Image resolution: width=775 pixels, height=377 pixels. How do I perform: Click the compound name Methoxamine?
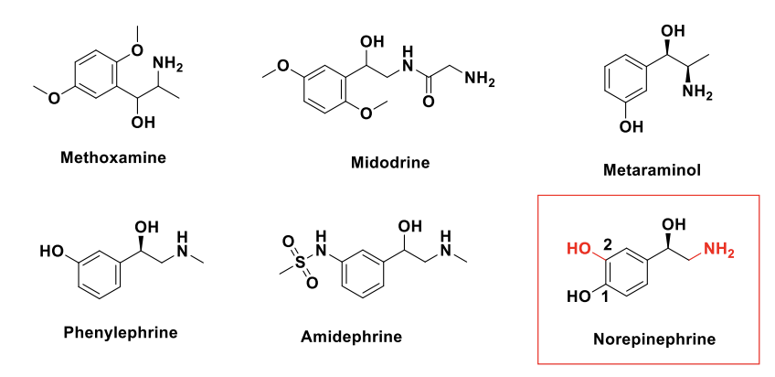pyautogui.click(x=112, y=156)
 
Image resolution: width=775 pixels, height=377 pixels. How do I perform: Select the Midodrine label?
pyautogui.click(x=389, y=162)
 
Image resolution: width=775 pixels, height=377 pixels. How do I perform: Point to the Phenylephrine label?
pyautogui.click(x=119, y=330)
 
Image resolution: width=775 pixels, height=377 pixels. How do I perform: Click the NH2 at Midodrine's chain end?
pyautogui.click(x=478, y=80)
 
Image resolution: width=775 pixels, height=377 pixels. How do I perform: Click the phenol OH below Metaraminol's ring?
pyautogui.click(x=631, y=127)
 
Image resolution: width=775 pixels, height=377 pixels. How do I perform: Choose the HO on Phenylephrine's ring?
pyautogui.click(x=50, y=248)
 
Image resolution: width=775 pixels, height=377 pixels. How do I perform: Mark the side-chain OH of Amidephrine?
pyautogui.click(x=410, y=226)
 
